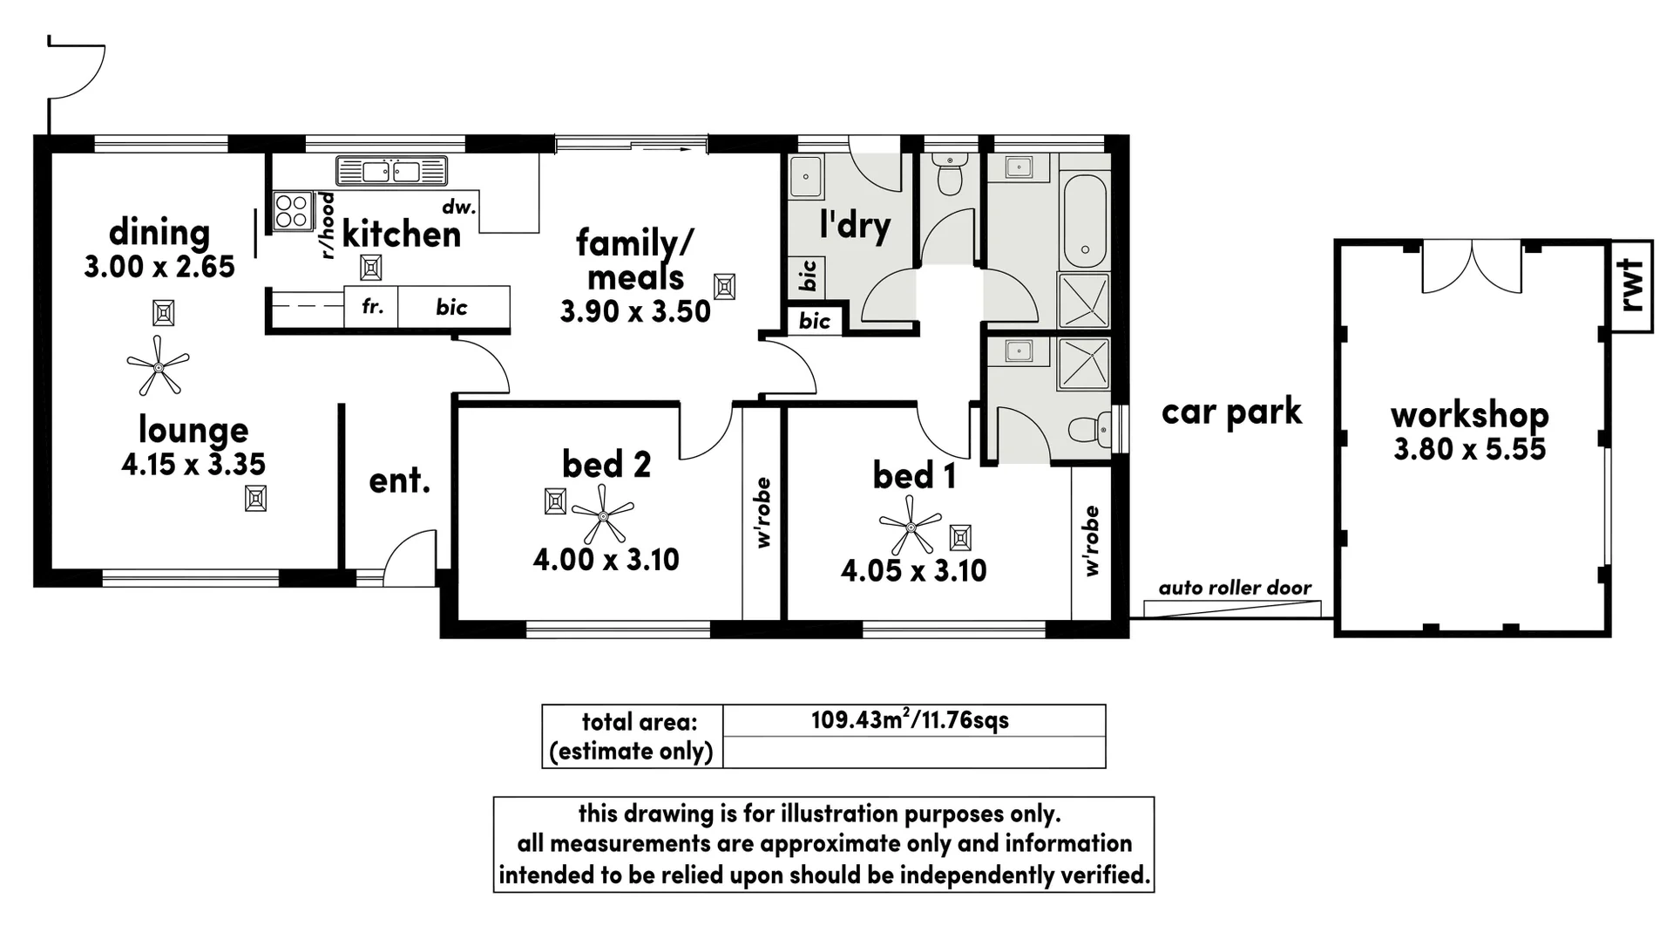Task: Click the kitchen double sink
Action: [391, 171]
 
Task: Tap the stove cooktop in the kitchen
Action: [292, 210]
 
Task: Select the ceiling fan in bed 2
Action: [603, 515]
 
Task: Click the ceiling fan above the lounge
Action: [158, 365]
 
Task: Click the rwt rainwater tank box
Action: [1631, 286]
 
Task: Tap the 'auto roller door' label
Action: [1235, 588]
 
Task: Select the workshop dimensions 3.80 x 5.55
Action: [1469, 449]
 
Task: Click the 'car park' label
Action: [1231, 412]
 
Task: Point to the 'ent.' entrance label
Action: [399, 480]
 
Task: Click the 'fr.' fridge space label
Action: [372, 307]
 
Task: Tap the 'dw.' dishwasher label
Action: [459, 208]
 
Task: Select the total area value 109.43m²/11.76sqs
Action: [910, 720]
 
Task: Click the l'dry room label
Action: [855, 225]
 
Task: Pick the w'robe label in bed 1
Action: [1092, 541]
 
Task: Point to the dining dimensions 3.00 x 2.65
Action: [159, 267]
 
